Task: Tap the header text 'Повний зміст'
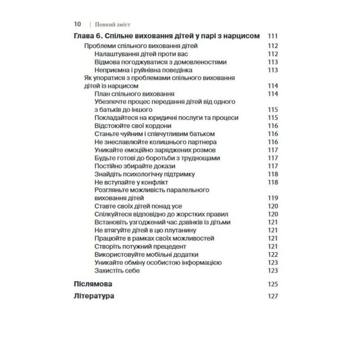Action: (112, 25)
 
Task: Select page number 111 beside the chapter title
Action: (273, 36)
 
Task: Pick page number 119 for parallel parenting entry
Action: (273, 198)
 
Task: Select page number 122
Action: (273, 255)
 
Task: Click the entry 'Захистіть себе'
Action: (117, 270)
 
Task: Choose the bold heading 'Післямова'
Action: (93, 284)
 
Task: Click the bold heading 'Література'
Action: (94, 296)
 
